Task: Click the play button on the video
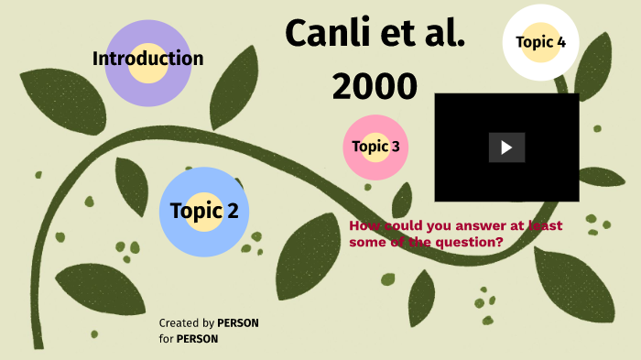point(506,147)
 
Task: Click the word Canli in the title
point(322,33)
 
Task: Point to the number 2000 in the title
point(375,85)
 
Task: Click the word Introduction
point(147,59)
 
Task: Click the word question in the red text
point(472,242)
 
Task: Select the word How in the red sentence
point(364,225)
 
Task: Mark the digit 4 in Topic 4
point(560,41)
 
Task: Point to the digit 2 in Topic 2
point(232,211)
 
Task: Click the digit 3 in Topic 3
point(395,146)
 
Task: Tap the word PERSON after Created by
point(238,323)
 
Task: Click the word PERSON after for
point(197,339)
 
